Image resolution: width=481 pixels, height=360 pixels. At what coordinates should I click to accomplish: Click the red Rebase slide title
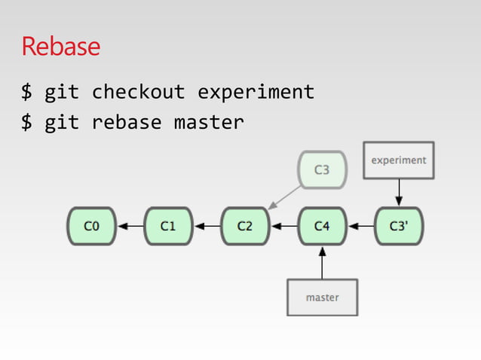[x=60, y=47]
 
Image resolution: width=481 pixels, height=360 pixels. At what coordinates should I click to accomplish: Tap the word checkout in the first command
[x=138, y=93]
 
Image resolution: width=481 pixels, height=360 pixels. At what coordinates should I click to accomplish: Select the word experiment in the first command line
[x=256, y=93]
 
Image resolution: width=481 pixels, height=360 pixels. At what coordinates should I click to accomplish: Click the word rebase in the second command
[x=127, y=122]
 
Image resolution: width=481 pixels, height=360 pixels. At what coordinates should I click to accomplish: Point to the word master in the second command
[x=209, y=122]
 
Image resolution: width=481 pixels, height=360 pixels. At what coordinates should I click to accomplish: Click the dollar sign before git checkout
[x=27, y=93]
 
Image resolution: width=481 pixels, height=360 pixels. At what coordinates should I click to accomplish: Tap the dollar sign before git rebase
[x=27, y=122]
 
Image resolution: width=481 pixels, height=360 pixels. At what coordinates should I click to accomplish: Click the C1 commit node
[x=167, y=226]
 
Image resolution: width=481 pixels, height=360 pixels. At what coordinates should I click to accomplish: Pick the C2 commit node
[x=245, y=226]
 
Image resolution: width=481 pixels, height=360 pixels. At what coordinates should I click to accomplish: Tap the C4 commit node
[x=322, y=226]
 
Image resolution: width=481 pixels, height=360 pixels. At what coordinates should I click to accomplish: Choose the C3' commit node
[x=400, y=226]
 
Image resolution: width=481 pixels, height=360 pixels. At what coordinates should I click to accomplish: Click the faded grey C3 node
[x=322, y=169]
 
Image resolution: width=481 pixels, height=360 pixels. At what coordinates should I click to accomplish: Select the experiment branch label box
[x=399, y=160]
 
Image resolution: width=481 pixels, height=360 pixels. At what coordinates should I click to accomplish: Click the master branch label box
[x=322, y=297]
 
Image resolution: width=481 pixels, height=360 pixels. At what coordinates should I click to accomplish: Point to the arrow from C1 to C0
[x=129, y=226]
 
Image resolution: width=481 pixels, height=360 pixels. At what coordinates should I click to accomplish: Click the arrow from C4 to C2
[x=283, y=226]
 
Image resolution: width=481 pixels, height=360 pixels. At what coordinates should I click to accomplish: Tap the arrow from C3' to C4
[x=361, y=226]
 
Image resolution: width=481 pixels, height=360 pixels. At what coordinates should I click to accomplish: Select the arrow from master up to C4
[x=322, y=264]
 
